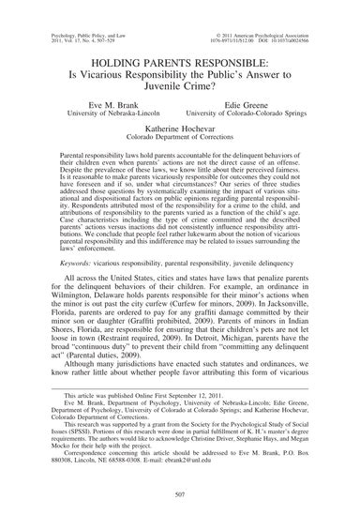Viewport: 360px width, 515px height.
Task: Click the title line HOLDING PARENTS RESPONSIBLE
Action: coord(180,57)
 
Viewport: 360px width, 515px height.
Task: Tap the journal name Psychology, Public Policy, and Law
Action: coord(57,12)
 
